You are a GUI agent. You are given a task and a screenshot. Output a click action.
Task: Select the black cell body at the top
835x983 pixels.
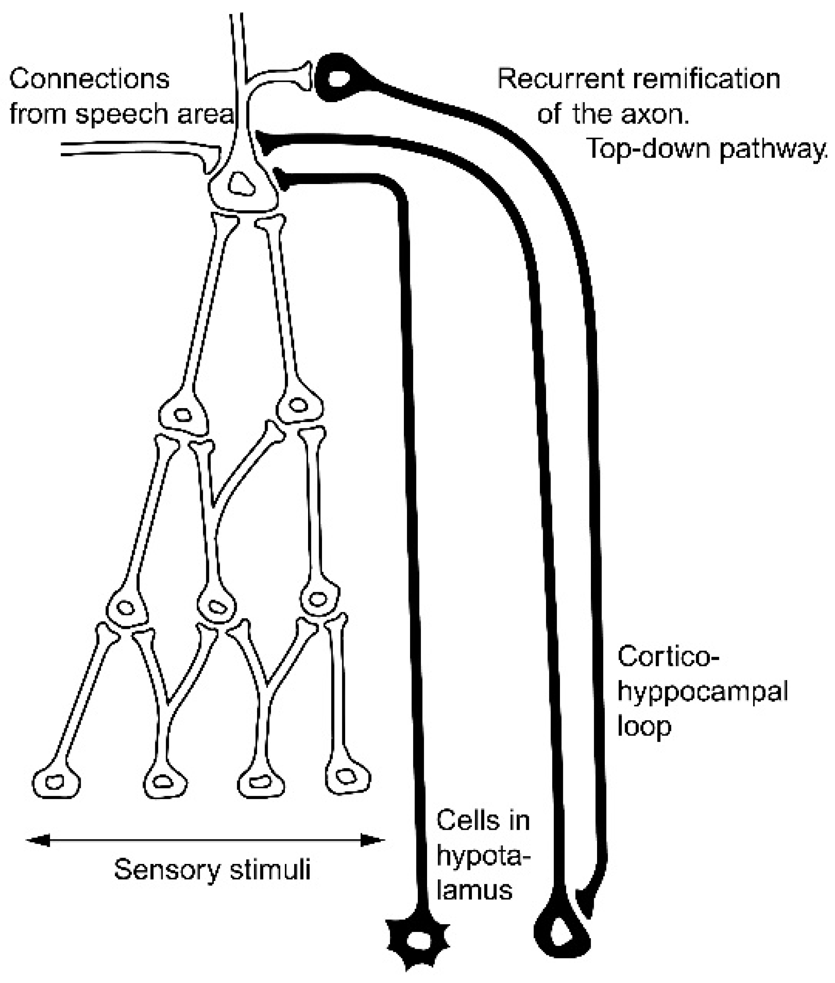pyautogui.click(x=337, y=78)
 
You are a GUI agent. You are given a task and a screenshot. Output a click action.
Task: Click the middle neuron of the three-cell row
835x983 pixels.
pyautogui.click(x=216, y=606)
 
